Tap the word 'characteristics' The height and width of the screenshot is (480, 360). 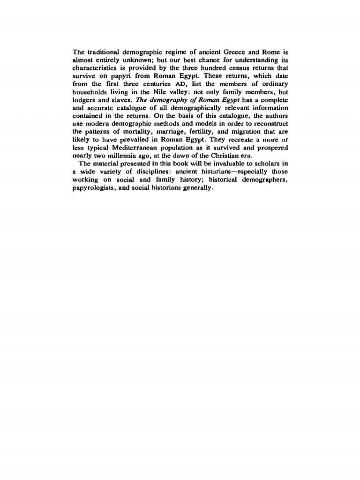point(96,67)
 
